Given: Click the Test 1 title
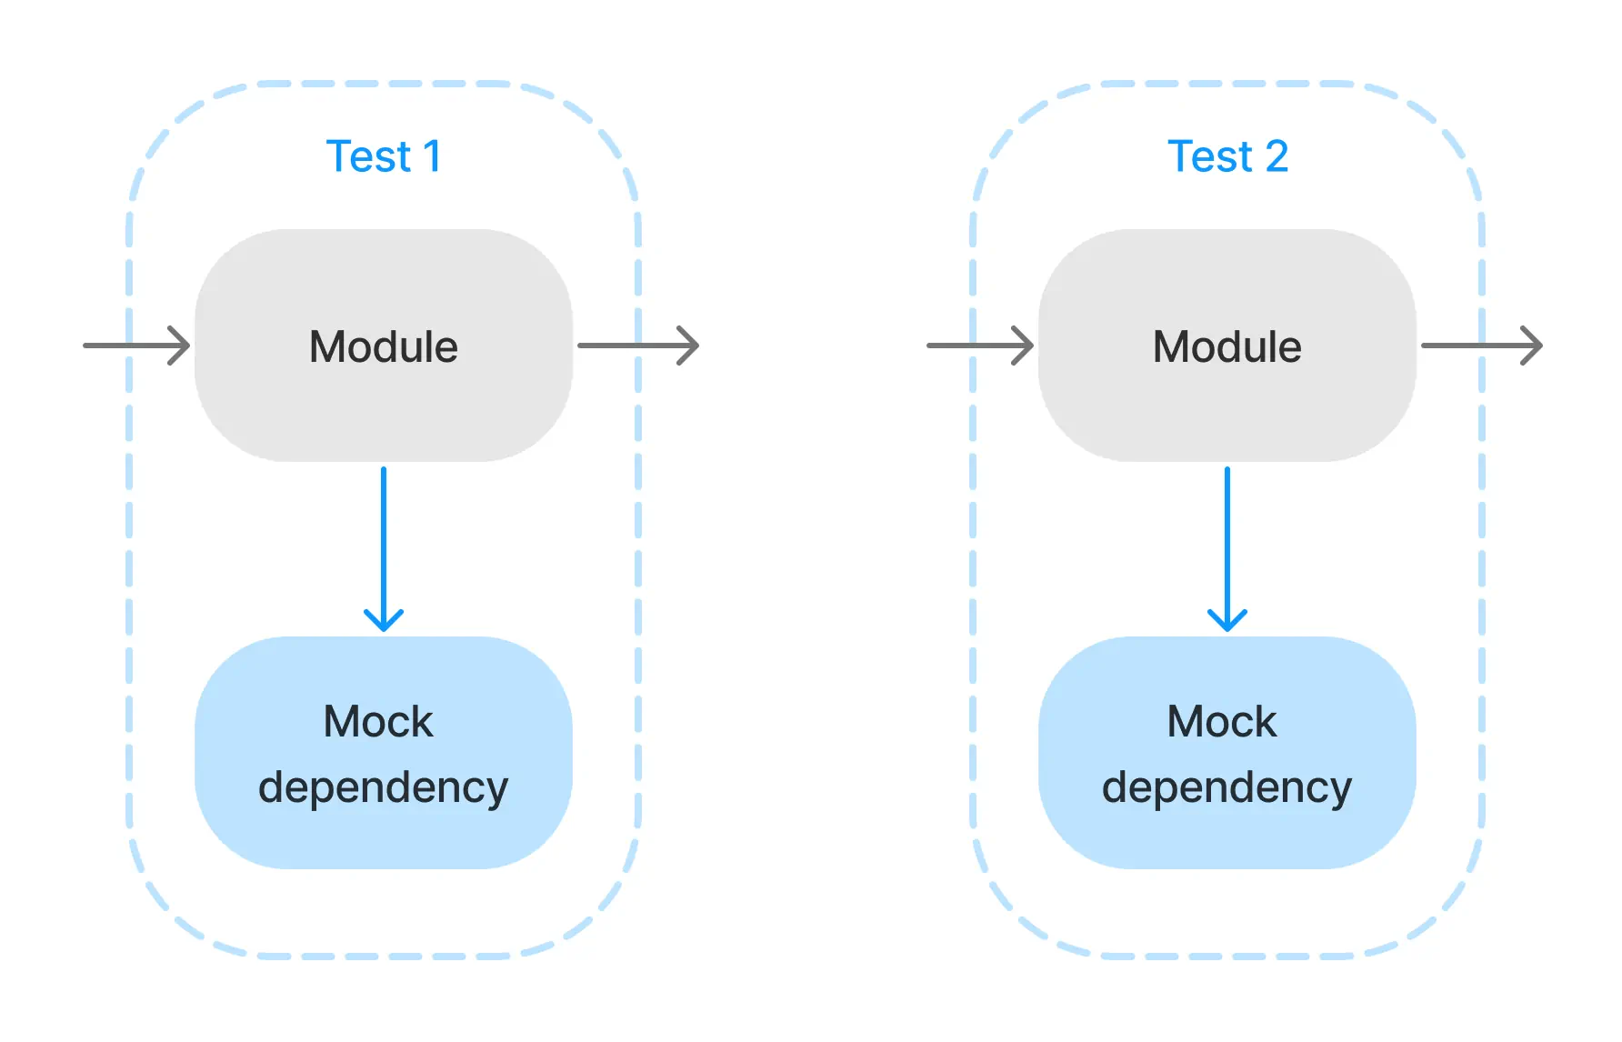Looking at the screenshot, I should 383,156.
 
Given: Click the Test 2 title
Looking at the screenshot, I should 1227,156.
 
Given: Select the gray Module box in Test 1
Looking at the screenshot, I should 383,400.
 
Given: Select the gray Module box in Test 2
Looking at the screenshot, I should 1227,400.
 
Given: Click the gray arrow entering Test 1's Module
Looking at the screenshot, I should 136,346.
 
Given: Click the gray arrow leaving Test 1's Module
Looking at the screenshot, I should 636,346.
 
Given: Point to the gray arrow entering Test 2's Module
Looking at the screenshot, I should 980,346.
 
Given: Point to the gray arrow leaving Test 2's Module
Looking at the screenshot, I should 1480,346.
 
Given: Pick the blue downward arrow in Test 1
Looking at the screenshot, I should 384,546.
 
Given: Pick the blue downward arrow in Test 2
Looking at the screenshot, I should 1227,546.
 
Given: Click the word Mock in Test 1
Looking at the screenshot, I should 378,722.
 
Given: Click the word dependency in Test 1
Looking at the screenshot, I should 383,787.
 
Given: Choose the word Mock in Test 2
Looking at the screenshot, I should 1222,722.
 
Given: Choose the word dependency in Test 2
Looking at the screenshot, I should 1227,787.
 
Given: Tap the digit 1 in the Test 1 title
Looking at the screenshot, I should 432,156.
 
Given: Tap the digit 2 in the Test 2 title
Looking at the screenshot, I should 1277,156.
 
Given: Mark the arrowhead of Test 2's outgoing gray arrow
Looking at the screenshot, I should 1537,346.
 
